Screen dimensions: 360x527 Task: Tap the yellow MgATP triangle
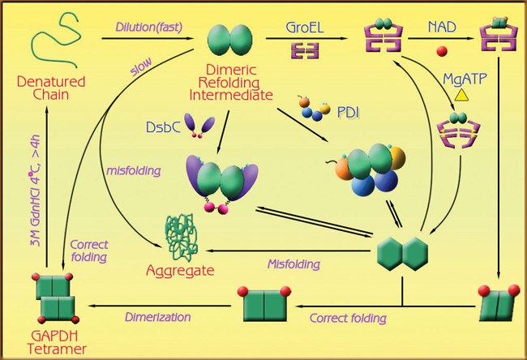tap(461, 96)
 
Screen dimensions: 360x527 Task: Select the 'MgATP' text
tap(465, 78)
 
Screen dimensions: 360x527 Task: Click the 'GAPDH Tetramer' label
tap(55, 343)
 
